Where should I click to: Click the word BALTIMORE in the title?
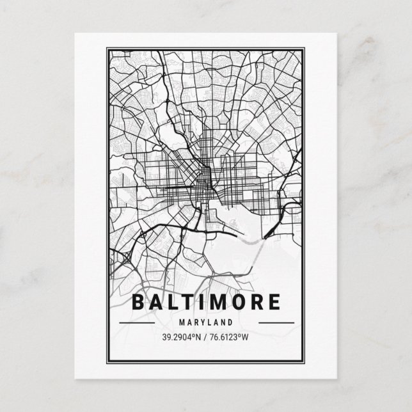205,302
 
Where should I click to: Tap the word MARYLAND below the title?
205,322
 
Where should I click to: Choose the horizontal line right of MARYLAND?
276,322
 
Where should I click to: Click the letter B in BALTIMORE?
138,302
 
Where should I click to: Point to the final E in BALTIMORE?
274,302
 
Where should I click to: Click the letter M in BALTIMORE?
218,302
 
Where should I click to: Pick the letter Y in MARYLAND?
202,322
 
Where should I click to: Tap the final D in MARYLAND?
230,322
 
